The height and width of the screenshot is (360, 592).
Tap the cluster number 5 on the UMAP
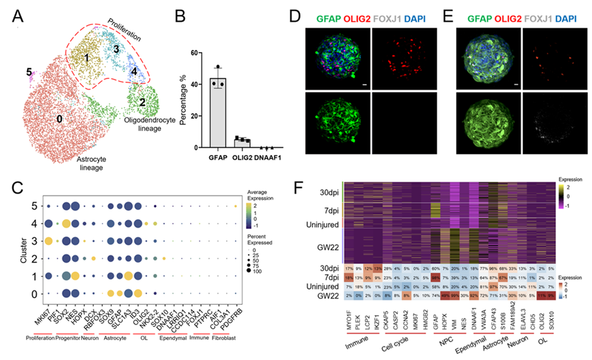click(x=29, y=72)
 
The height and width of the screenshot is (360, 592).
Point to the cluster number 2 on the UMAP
click(x=142, y=102)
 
